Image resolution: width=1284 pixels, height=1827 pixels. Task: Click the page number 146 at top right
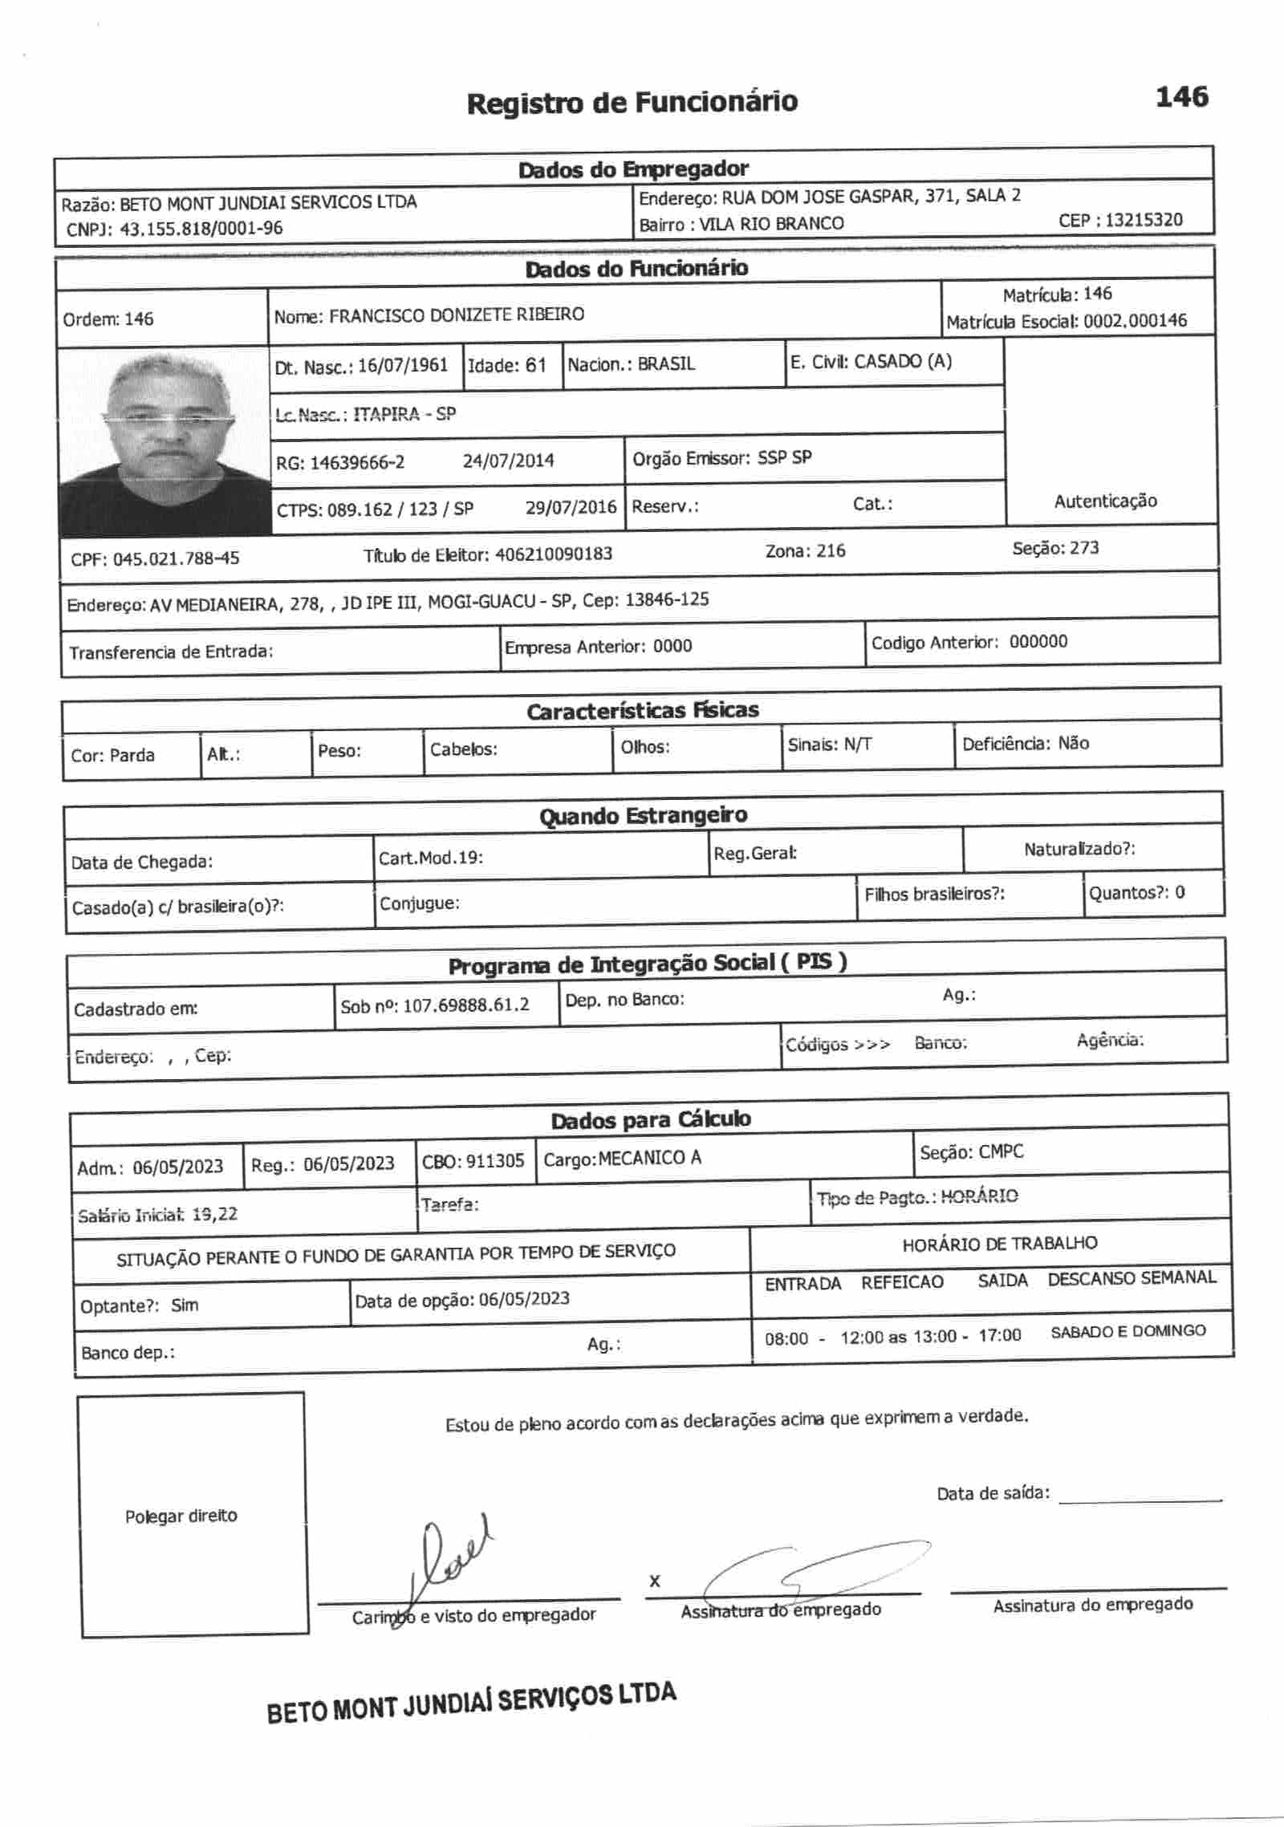(1181, 97)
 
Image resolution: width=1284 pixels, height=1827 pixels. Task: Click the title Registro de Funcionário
(632, 103)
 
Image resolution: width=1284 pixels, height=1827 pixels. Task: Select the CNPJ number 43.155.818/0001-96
(201, 229)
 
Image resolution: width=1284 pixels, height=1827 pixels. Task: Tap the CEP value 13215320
(1144, 220)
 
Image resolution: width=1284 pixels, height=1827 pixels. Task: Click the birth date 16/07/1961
(402, 366)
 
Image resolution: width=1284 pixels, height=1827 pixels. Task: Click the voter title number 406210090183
(554, 554)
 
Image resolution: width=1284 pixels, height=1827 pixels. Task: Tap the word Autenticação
(1105, 501)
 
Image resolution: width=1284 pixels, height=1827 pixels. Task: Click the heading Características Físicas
(642, 710)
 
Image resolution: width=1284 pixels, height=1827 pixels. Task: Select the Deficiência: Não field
(1025, 744)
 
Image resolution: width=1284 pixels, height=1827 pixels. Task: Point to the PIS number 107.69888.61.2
(465, 1005)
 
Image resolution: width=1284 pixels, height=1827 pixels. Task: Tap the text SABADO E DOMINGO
(1128, 1331)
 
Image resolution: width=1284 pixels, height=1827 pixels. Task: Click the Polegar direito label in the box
(181, 1516)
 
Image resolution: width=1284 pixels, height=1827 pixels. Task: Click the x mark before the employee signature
(655, 1581)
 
